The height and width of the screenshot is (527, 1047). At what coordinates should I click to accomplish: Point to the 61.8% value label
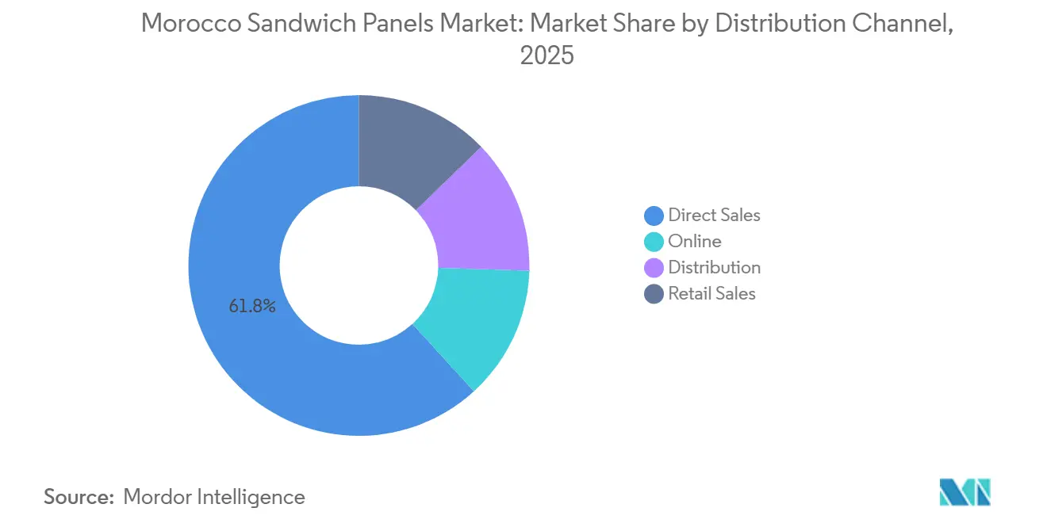(252, 307)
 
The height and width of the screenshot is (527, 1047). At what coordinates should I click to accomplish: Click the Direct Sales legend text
(714, 215)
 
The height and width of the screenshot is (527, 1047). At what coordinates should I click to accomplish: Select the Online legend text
(695, 241)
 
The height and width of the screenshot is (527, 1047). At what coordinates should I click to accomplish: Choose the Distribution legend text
(714, 267)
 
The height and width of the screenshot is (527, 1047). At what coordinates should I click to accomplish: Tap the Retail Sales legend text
(711, 293)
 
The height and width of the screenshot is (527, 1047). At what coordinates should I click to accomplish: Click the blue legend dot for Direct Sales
(654, 216)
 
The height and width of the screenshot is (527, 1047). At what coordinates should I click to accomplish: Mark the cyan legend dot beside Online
(654, 242)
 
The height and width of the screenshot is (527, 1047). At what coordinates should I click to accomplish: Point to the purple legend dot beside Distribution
(654, 268)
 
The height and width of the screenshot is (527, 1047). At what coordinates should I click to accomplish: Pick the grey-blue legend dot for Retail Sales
(654, 294)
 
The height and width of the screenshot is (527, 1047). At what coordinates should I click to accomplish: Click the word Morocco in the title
(186, 24)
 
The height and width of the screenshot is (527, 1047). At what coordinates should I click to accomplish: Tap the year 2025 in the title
(547, 56)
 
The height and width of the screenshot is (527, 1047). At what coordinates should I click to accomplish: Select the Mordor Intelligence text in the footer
(214, 497)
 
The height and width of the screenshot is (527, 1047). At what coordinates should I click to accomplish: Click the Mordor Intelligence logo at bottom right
(965, 492)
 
